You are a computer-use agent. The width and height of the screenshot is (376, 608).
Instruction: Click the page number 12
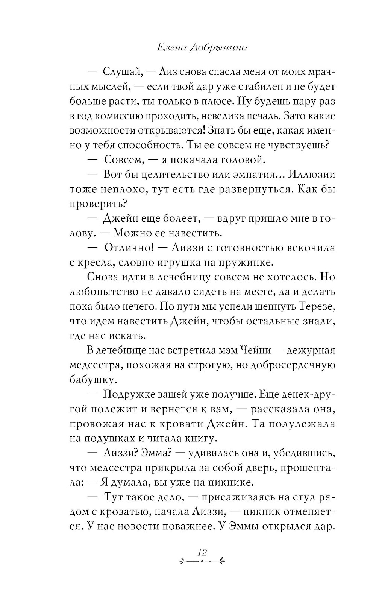point(202,552)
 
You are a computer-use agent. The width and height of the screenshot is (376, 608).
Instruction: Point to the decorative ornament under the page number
point(202,562)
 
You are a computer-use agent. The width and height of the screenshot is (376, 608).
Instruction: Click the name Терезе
point(317,306)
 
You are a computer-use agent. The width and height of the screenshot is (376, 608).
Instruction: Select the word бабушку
point(91,380)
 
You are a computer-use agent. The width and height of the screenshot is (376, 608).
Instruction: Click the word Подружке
point(127,394)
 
